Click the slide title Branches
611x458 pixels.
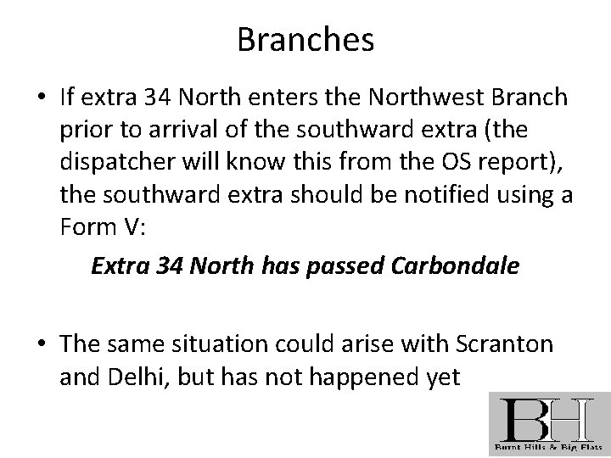pos(305,40)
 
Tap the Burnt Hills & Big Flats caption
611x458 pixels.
pos(547,446)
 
